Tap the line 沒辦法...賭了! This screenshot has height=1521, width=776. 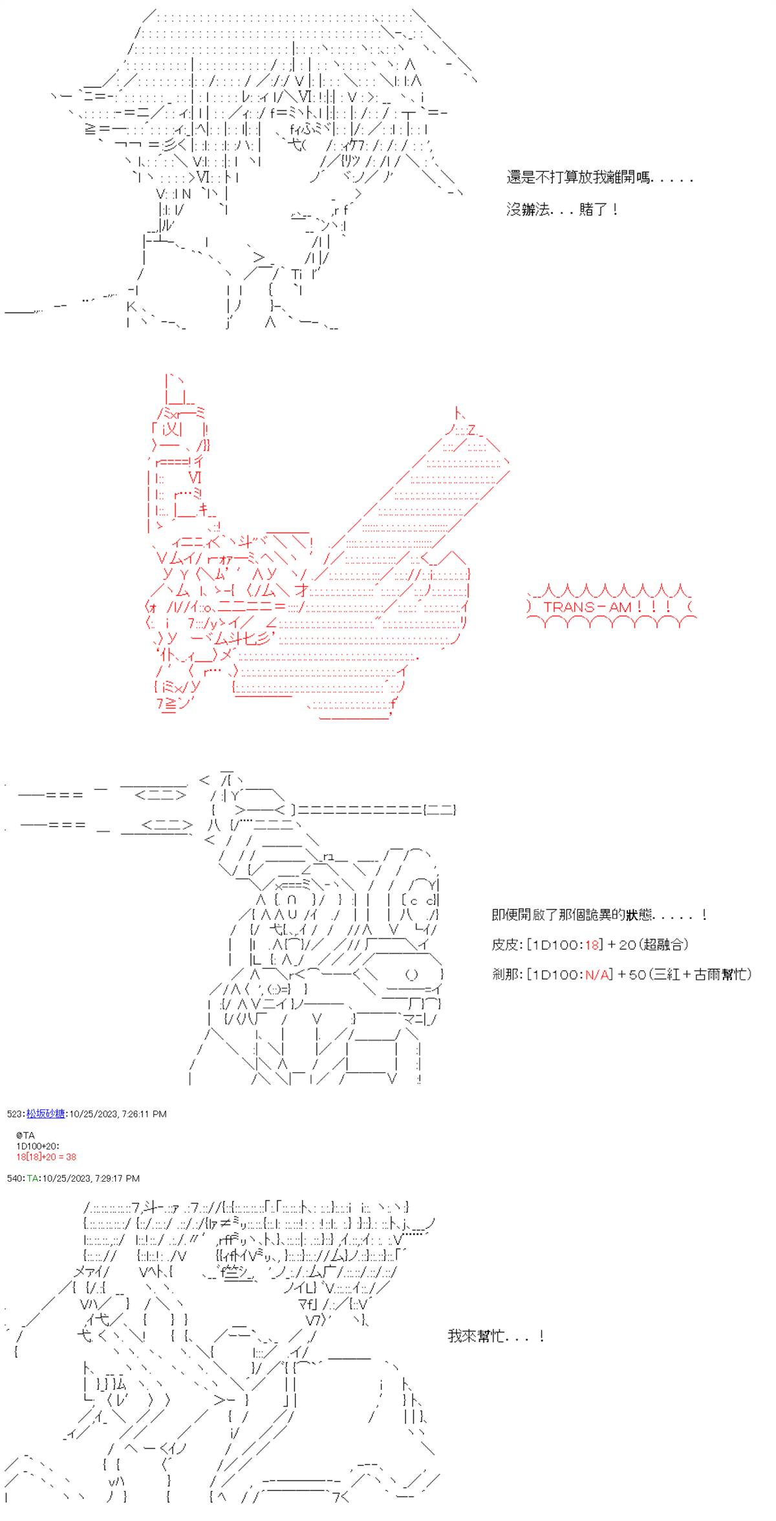point(563,209)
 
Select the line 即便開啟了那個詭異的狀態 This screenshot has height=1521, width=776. point(599,915)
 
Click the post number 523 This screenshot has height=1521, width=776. point(14,1114)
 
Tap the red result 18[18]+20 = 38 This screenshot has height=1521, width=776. point(47,1156)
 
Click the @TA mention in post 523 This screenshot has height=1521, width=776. point(27,1135)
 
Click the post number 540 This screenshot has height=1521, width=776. point(14,1178)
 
